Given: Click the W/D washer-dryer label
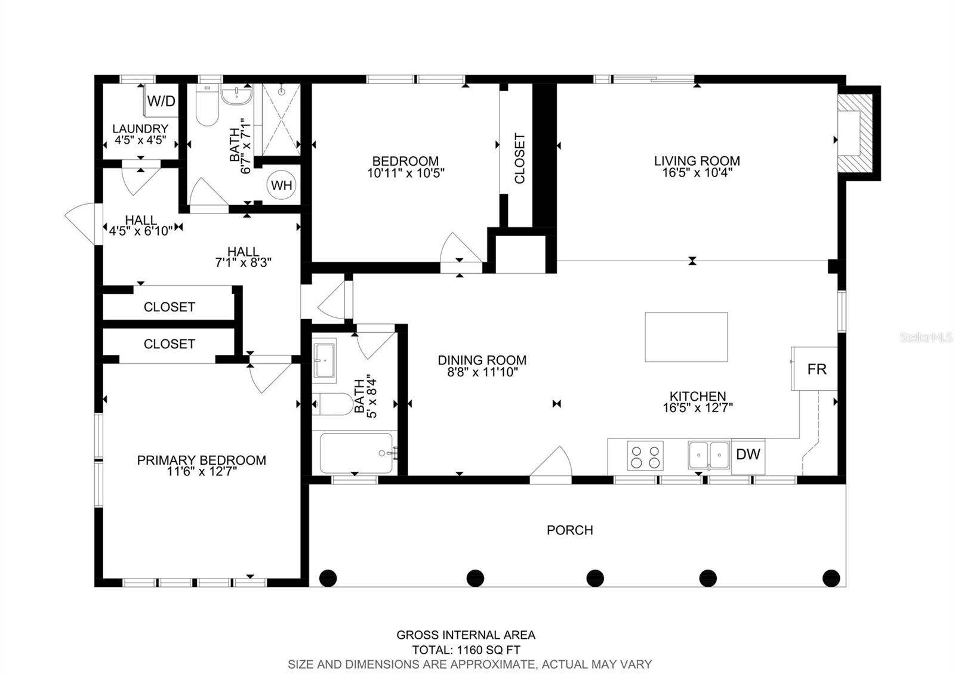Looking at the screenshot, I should (162, 101).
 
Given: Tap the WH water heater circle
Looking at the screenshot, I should (282, 185).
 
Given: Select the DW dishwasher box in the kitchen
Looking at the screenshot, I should (748, 455).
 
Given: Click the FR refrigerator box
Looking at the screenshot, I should (816, 369).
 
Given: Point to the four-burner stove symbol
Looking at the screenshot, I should (645, 456).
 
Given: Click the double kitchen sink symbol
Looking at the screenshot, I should (709, 456).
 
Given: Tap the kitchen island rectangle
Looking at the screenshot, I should (686, 337).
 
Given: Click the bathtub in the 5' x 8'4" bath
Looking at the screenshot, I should (356, 453).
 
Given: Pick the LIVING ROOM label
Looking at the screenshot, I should (697, 161).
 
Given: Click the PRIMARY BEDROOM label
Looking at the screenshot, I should (201, 460).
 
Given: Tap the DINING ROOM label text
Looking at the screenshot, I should (482, 360).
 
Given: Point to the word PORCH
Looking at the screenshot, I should (569, 530).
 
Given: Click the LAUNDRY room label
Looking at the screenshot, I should (140, 129).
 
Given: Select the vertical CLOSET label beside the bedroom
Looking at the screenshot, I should (519, 158).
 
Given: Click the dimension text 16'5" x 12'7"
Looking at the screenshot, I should (697, 409).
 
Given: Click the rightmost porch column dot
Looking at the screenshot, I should (831, 578).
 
